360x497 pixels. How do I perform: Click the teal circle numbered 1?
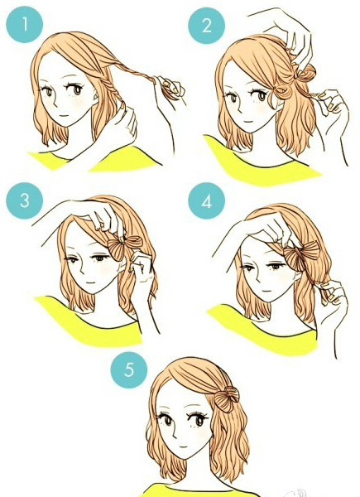point(25,24)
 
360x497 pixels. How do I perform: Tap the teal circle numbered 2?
point(206,25)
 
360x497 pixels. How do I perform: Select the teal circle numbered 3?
point(25,200)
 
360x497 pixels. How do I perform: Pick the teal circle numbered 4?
point(206,201)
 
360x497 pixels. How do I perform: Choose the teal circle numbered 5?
point(129,369)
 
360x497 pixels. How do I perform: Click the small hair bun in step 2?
point(304,74)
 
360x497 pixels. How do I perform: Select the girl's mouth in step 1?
point(65,116)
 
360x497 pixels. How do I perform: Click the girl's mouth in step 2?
point(246,123)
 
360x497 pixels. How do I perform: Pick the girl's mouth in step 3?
point(91,283)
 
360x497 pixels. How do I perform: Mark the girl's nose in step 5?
point(175,434)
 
